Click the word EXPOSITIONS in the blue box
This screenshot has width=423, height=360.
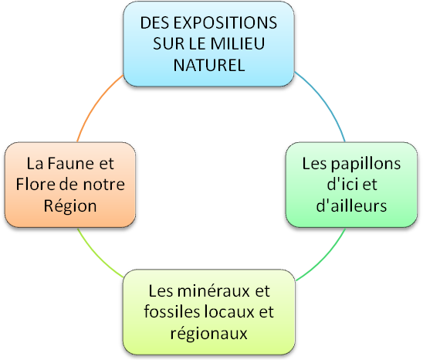(225, 22)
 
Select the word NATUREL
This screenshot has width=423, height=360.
(209, 65)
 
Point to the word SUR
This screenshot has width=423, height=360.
(164, 43)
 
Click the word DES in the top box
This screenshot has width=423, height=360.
(155, 22)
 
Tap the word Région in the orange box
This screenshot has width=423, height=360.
(70, 206)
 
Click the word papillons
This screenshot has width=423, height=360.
(366, 165)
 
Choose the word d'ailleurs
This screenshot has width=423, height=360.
(351, 205)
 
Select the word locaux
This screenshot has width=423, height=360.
(229, 311)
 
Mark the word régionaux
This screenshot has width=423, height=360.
(209, 334)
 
